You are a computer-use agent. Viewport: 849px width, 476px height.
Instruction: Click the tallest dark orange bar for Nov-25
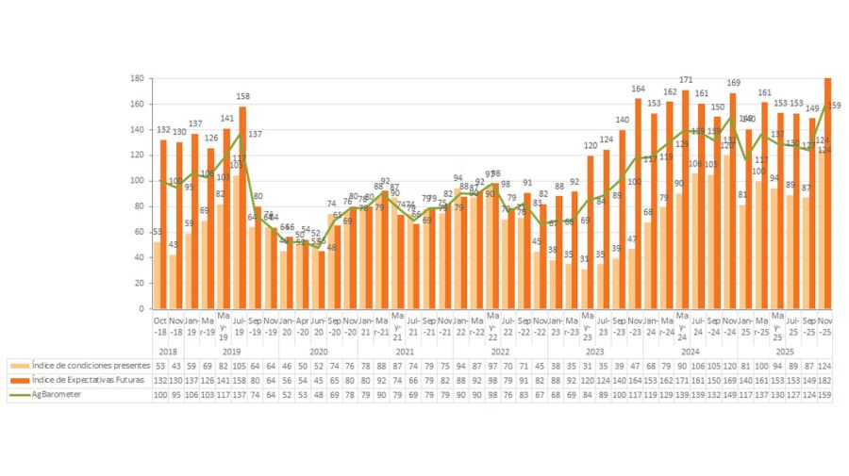[828, 193]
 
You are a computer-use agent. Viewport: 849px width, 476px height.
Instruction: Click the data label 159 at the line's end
[835, 106]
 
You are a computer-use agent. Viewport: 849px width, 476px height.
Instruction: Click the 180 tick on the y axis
[137, 78]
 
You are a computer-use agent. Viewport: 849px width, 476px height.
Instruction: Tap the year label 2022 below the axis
[500, 351]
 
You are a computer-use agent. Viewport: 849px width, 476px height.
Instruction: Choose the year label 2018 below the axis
[168, 351]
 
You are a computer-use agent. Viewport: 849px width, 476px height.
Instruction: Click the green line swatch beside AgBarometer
[19, 395]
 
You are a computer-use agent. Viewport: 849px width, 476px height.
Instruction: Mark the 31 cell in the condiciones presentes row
[587, 365]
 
